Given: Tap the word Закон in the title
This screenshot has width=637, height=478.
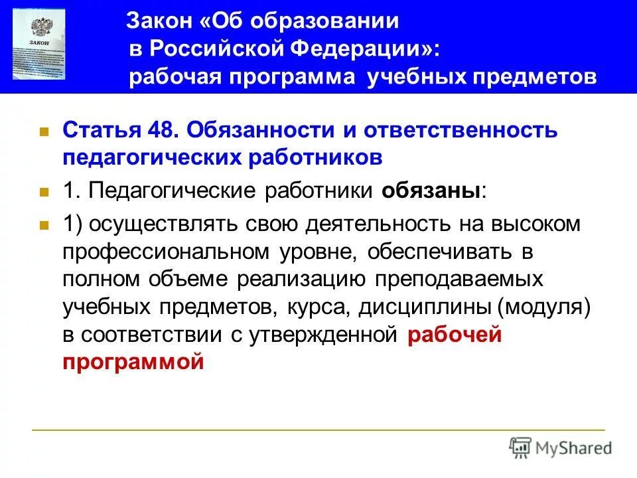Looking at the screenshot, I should pyautogui.click(x=161, y=22).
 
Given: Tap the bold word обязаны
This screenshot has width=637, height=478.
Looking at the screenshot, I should pyautogui.click(x=431, y=191).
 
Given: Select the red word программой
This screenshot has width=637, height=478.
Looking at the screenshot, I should pyautogui.click(x=132, y=362).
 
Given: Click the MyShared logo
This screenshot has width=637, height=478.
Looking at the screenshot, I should pyautogui.click(x=561, y=447).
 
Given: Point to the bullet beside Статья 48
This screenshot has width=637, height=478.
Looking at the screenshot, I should pyautogui.click(x=44, y=131).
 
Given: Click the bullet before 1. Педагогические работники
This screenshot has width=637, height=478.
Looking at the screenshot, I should pyautogui.click(x=44, y=193).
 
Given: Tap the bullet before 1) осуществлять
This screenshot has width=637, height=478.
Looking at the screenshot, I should pyautogui.click(x=44, y=226).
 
